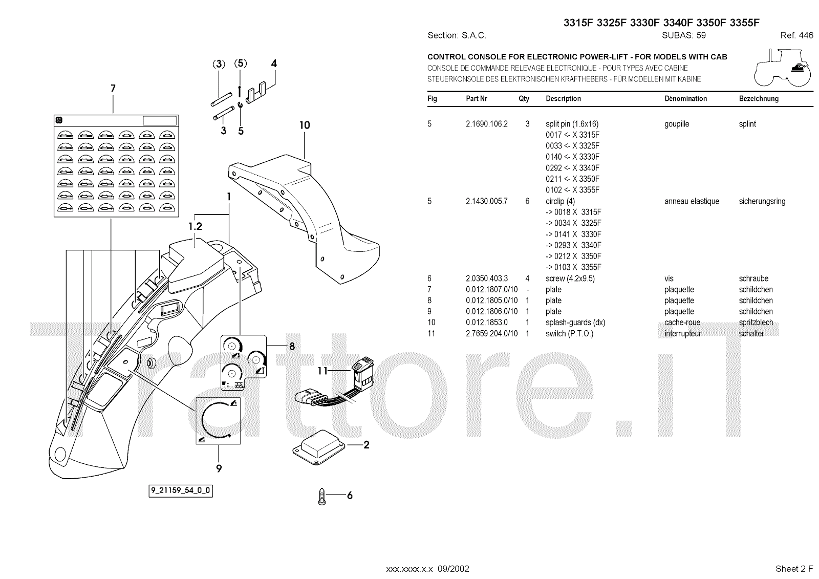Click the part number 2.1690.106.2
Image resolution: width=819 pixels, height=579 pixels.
[486, 124]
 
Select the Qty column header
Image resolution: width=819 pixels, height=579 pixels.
[524, 99]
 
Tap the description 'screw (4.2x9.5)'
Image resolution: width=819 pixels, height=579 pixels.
[570, 278]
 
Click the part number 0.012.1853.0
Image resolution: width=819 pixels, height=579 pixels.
[486, 323]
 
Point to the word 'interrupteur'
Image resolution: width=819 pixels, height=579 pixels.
[682, 334]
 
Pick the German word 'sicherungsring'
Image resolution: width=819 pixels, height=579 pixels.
[762, 201]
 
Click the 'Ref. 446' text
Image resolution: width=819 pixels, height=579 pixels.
[796, 35]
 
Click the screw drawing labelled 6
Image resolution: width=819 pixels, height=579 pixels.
[322, 496]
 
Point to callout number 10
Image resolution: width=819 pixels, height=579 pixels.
[305, 125]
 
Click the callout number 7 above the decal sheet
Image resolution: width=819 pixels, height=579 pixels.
[113, 89]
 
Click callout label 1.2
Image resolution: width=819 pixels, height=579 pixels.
[195, 226]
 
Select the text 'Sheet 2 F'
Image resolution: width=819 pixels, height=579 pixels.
[794, 569]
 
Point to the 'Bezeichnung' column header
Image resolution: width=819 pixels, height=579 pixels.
[759, 99]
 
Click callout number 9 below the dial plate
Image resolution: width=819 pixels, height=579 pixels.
[219, 468]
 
